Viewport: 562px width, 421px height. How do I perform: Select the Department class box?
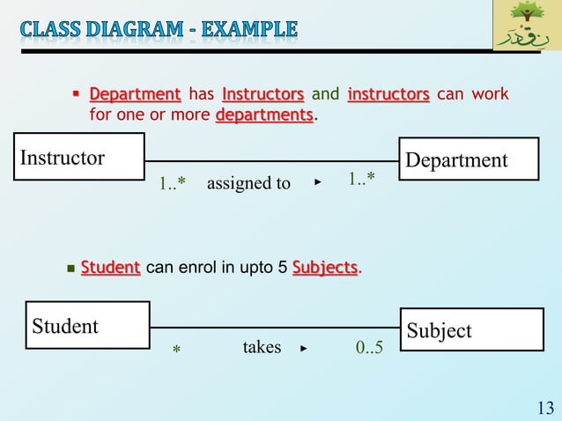[x=469, y=159]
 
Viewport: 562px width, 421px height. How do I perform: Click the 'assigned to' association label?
[x=248, y=183]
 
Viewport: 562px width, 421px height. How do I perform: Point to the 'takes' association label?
[x=262, y=347]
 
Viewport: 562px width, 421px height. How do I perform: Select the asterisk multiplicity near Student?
[x=175, y=350]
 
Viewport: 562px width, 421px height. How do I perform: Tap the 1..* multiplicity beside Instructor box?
[x=173, y=183]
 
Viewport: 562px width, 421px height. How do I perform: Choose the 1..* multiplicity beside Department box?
[x=361, y=180]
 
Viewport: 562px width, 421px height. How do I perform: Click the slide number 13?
[x=544, y=407]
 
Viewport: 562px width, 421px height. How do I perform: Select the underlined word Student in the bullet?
[x=110, y=267]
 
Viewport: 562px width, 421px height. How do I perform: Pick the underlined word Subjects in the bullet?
[x=325, y=267]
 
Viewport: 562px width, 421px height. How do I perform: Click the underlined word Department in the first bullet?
[x=135, y=94]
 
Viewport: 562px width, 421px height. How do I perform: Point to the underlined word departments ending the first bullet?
[x=264, y=115]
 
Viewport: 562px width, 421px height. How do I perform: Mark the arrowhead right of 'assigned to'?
[x=317, y=182]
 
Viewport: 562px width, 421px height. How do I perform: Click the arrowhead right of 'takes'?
[x=304, y=348]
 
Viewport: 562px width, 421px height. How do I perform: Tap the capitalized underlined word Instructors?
[x=263, y=94]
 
